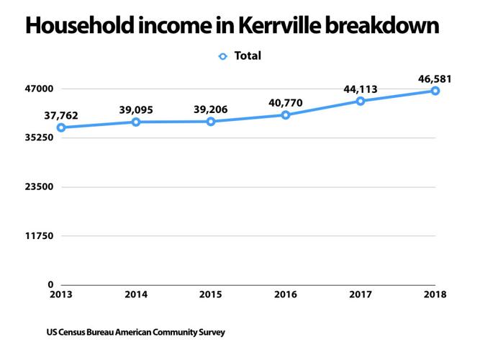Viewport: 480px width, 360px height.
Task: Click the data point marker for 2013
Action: coord(61,127)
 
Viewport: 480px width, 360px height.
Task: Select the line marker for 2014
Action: coord(135,122)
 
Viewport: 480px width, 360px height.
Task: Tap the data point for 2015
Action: coord(211,122)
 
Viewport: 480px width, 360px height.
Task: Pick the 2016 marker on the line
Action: coord(286,115)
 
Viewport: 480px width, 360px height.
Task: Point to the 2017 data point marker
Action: coord(361,101)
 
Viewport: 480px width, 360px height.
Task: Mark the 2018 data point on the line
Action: coord(435,91)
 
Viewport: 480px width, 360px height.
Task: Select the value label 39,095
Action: coord(135,109)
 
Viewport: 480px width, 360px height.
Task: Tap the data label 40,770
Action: coord(286,102)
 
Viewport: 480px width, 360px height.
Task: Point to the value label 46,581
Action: coord(435,78)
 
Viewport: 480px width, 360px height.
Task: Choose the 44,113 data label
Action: coord(361,89)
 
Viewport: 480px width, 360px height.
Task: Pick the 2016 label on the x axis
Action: coord(286,295)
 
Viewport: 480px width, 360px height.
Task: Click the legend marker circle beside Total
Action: coord(223,55)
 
